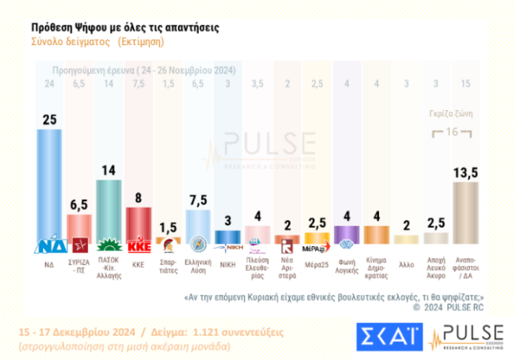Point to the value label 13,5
tap(465, 171)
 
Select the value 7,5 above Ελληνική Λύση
tap(198, 200)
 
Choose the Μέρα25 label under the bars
tap(316, 261)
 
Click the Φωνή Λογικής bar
tap(346, 234)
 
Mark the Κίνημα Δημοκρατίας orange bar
tap(375, 234)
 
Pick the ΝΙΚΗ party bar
tap(227, 237)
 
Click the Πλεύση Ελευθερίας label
tap(257, 265)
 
